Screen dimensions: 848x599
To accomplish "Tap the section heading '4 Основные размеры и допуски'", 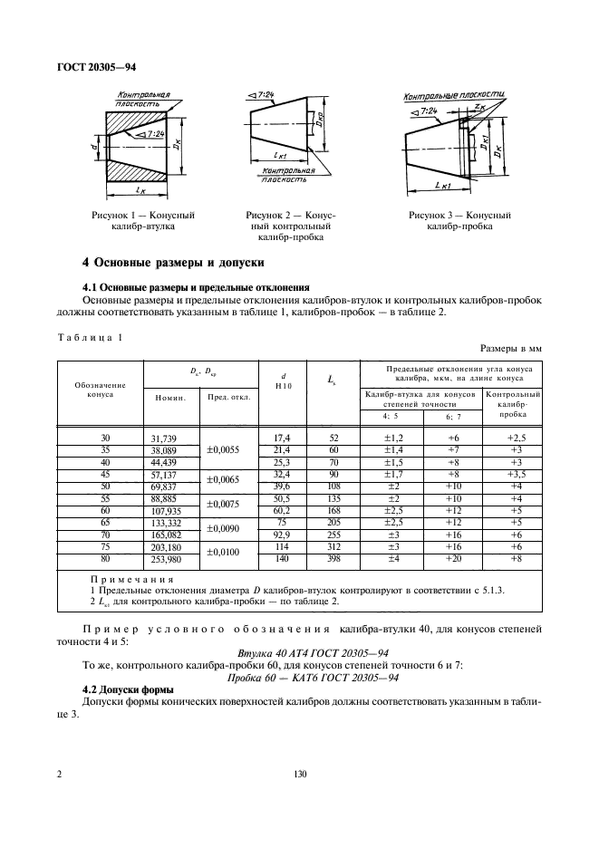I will click(x=172, y=263).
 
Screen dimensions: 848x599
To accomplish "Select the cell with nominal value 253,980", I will click(x=166, y=559).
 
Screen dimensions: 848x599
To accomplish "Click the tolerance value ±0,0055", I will click(x=223, y=449).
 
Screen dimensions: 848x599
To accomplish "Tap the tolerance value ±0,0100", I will click(x=223, y=553).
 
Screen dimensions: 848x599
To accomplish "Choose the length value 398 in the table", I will click(x=333, y=559).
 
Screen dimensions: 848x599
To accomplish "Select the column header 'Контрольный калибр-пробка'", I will click(x=514, y=403).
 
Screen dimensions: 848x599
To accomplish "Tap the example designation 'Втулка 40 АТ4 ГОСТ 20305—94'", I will click(x=300, y=652).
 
